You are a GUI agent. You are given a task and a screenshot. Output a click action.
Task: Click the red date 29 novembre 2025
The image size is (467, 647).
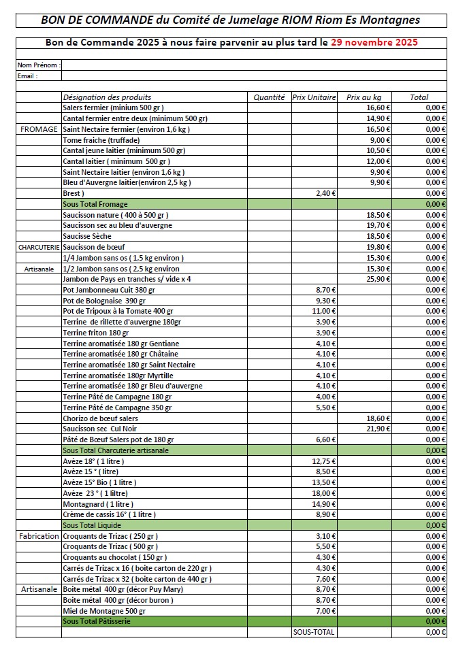[374, 42]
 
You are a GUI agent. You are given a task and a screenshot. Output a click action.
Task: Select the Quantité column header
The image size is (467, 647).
[269, 97]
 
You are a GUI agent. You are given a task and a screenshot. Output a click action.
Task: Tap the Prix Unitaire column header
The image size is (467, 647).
[315, 97]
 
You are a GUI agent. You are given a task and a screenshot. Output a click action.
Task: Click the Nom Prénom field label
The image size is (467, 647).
[39, 65]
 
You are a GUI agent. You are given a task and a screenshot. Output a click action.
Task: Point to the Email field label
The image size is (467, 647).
[27, 76]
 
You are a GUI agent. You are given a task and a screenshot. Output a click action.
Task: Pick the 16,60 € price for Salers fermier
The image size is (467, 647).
[378, 108]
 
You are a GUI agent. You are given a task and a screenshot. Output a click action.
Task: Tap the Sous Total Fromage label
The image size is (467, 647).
[95, 204]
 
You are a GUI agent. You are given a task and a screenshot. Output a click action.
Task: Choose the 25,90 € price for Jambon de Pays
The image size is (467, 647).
[378, 279]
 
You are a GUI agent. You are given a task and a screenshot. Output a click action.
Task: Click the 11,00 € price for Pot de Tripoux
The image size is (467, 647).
[324, 311]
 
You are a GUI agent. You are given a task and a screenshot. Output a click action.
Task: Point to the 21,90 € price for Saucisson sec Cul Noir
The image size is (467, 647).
[378, 429]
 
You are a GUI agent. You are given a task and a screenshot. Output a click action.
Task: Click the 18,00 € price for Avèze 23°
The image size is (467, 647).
[324, 493]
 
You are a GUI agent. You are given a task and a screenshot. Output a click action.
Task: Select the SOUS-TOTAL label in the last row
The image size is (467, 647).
[314, 632]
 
